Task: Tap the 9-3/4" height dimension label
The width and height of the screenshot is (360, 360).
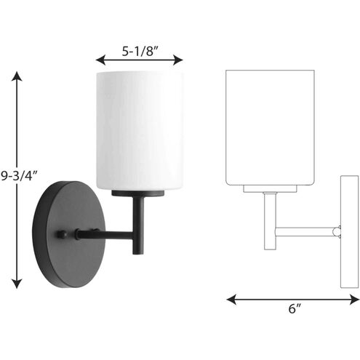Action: coord(17,175)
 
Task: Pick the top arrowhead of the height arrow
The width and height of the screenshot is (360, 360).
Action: coord(18,73)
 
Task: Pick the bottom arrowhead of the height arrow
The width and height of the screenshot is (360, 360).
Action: coord(18,286)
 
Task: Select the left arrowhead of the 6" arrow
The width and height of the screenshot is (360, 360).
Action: coord(231,299)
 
